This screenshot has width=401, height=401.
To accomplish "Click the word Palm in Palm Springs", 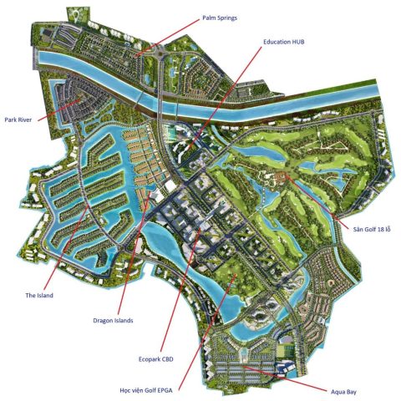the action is pyautogui.click(x=211, y=16).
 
